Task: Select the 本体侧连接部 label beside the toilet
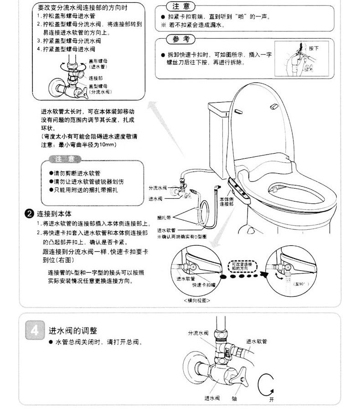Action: pos(226,202)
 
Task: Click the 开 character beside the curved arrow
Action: pos(272,399)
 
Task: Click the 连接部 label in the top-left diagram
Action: pos(95,78)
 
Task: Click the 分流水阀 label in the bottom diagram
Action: pos(198,333)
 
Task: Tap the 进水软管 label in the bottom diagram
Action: pos(257,341)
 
